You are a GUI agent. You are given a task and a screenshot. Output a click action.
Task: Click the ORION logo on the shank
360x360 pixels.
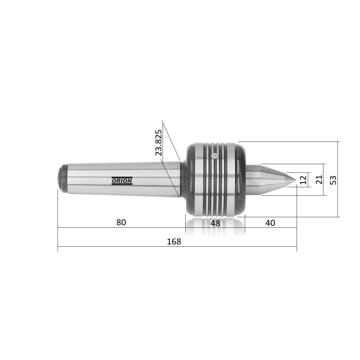pos(122,181)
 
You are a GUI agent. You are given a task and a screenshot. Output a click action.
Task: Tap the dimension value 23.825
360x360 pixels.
pos(159,142)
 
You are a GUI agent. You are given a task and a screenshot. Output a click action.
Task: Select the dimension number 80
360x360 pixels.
pos(121,222)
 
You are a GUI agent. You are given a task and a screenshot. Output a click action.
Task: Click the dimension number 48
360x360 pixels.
pos(215,223)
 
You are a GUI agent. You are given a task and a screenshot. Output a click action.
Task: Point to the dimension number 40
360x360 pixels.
pos(270,223)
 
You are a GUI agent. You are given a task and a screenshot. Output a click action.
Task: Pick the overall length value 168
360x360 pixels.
pos(174,241)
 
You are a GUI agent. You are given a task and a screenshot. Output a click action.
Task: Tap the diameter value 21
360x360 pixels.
pos(319,179)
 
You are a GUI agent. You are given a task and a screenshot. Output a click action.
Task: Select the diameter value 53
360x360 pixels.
pos(333,180)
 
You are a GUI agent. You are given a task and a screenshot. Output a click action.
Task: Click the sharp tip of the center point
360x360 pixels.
pos(296,180)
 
